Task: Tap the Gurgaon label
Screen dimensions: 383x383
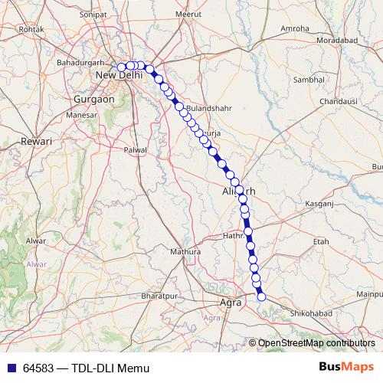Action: point(93,100)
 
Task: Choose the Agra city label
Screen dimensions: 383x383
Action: point(231,303)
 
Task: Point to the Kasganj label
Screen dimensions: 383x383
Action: point(320,205)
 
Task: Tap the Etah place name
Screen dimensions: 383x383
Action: point(321,241)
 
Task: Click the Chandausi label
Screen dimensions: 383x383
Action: point(338,101)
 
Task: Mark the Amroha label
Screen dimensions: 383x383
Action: point(295,28)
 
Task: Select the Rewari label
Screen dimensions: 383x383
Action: point(35,142)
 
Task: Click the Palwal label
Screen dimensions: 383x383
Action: point(135,150)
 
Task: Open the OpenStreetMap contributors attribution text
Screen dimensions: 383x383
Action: point(316,343)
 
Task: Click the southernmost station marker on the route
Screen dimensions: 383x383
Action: point(261,296)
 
